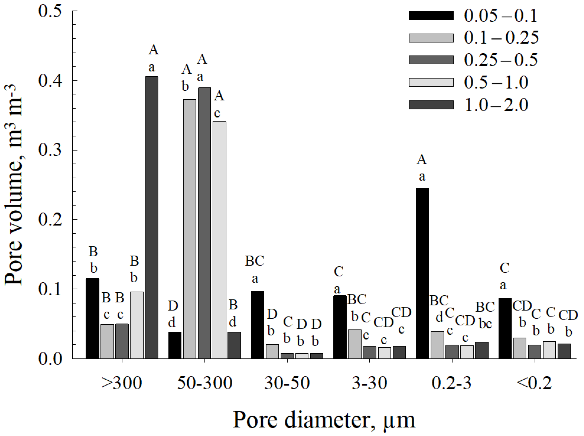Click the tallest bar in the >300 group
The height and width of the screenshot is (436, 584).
click(151, 217)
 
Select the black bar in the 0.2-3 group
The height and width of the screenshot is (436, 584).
click(422, 273)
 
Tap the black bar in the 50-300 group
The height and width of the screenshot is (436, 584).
click(175, 345)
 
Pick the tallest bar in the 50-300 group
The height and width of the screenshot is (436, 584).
click(204, 223)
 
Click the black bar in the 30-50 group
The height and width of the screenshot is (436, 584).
click(258, 325)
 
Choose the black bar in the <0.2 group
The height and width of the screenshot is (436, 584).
click(505, 328)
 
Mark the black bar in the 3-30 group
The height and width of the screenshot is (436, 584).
click(340, 327)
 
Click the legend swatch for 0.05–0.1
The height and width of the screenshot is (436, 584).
click(431, 16)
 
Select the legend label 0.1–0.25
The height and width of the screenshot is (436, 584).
click(501, 38)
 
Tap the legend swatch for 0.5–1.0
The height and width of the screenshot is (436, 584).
click(431, 82)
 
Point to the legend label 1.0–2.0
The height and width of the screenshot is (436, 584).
click(496, 105)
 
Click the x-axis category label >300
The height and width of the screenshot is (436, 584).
click(122, 383)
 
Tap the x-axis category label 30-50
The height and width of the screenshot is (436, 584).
click(287, 383)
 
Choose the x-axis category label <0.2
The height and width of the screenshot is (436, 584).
click(534, 383)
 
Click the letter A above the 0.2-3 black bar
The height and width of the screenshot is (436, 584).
click(422, 160)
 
